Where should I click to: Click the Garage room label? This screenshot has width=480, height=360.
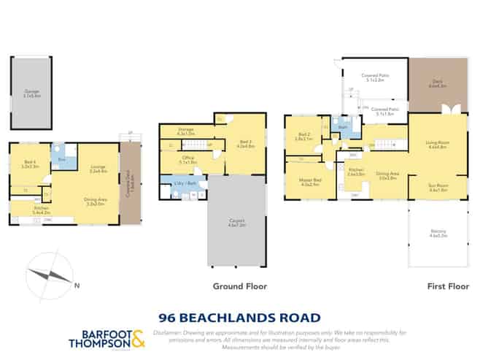[31, 93]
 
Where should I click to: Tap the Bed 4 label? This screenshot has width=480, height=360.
[31, 165]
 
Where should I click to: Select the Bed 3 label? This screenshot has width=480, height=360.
[245, 145]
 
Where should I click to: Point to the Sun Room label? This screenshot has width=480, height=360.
[438, 187]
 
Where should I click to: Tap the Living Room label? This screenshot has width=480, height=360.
[437, 145]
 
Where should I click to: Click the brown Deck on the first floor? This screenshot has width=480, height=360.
[437, 85]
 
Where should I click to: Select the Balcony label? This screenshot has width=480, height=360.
[438, 234]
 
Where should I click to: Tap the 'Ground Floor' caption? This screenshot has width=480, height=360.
[239, 287]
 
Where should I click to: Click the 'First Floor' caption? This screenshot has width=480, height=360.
[447, 287]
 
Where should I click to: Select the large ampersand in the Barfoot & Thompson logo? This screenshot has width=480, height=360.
[139, 337]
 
